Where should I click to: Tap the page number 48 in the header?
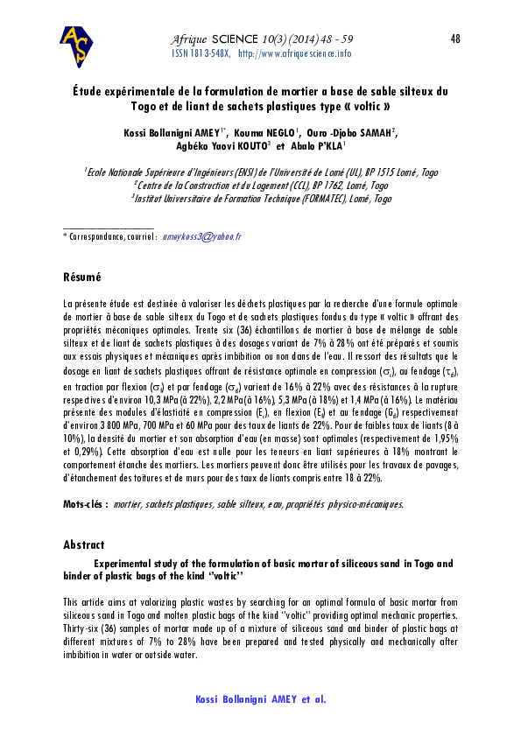click(x=454, y=39)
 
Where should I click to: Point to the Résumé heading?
click(x=82, y=277)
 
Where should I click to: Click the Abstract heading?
click(x=84, y=544)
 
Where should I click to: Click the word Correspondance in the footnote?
click(x=95, y=237)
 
